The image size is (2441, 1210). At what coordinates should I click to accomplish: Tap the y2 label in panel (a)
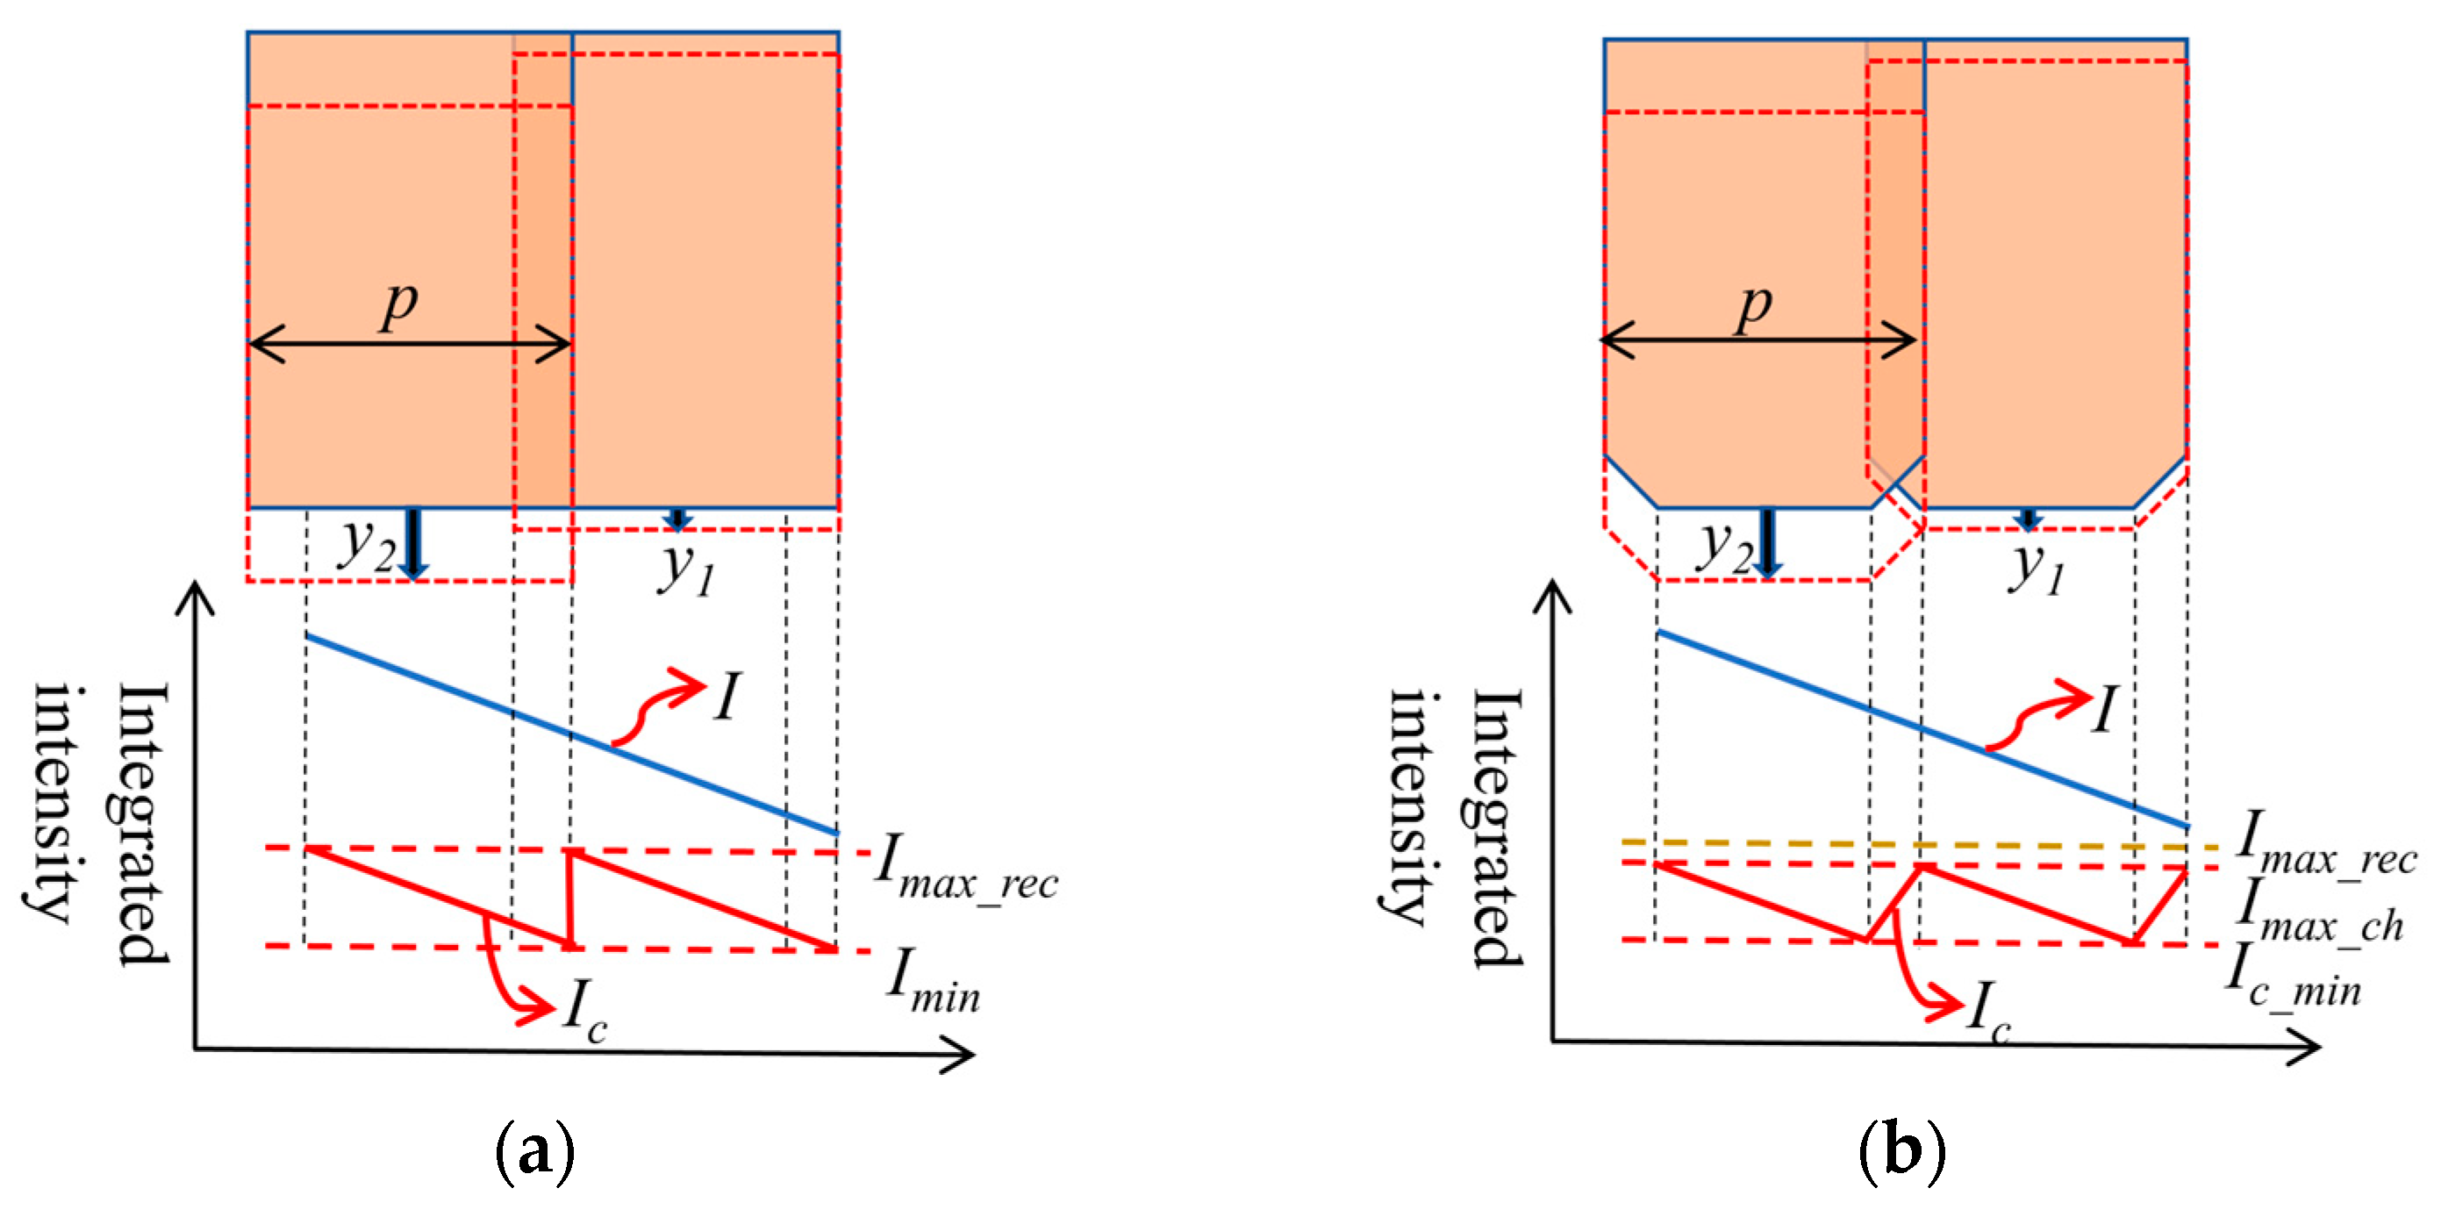coord(368,547)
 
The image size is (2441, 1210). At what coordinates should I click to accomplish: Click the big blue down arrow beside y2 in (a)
coord(413,543)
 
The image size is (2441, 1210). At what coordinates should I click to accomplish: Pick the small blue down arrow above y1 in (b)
coord(2028,519)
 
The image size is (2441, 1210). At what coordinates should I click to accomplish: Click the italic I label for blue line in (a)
coord(726,698)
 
